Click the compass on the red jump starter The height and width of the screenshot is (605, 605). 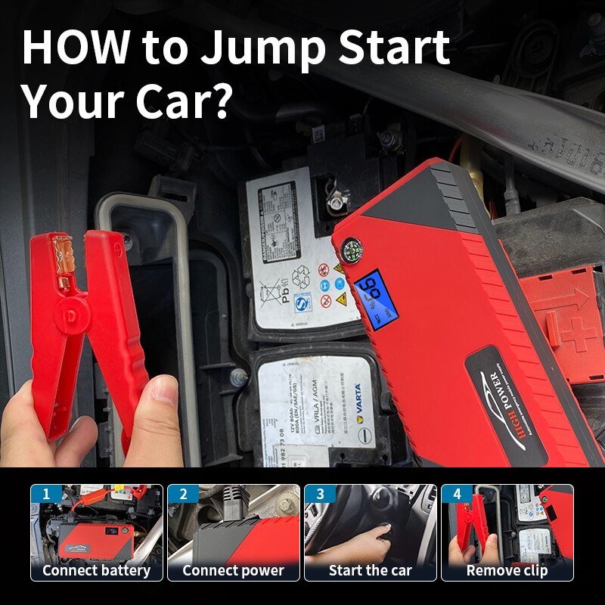(x=349, y=250)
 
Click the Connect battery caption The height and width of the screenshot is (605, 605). (x=96, y=570)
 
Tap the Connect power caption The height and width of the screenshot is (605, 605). (x=233, y=570)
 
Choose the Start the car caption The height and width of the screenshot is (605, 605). (x=370, y=570)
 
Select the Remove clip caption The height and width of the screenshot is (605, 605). (x=507, y=570)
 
